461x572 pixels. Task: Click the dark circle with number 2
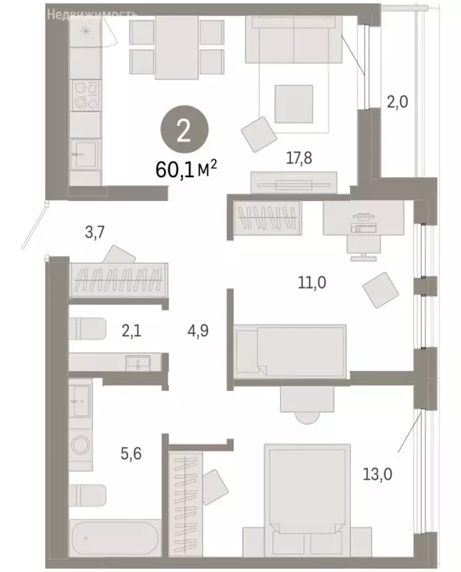[x=183, y=130]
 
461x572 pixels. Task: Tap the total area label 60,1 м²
[x=186, y=171]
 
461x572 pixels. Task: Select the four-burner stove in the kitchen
[x=86, y=95]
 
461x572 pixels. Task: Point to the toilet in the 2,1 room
[x=88, y=328]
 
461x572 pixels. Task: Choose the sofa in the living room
[x=293, y=40]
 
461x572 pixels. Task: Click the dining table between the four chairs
[x=177, y=48]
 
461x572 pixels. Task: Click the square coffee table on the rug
[x=293, y=104]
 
